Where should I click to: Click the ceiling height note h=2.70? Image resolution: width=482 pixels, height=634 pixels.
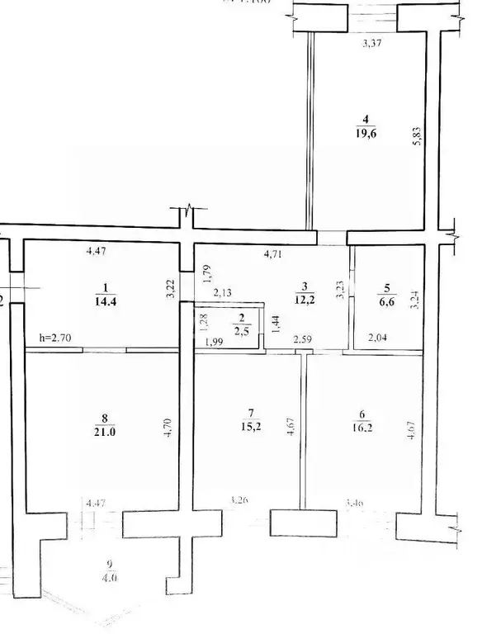click(55, 337)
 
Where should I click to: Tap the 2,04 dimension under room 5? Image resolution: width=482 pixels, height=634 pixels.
click(378, 338)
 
